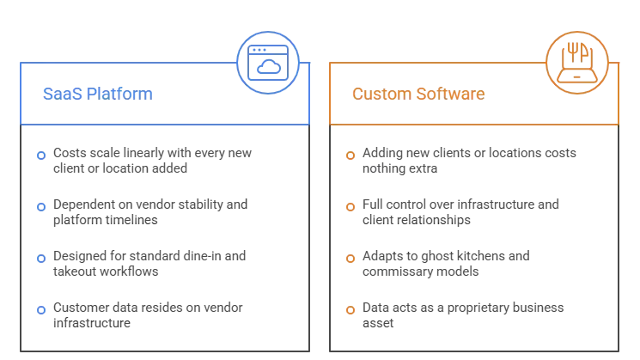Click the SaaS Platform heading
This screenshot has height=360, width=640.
pos(98,94)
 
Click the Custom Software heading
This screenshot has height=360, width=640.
pos(418,94)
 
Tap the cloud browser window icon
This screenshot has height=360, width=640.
pos(268,63)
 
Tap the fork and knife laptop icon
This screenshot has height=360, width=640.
pos(577,63)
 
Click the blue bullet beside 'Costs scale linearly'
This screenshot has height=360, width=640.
pos(41,156)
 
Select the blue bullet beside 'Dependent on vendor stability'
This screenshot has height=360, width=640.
pos(41,207)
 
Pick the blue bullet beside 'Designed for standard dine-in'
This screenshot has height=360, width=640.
pos(41,259)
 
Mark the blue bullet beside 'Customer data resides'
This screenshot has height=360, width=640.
pos(41,310)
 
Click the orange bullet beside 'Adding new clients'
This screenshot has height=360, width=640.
pos(350,156)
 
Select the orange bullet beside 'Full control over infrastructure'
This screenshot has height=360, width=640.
pos(350,207)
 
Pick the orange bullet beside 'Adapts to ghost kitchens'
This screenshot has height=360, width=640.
pos(350,259)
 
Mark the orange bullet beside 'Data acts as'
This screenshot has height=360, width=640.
pos(350,310)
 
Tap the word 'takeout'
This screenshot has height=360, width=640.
pos(75,272)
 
